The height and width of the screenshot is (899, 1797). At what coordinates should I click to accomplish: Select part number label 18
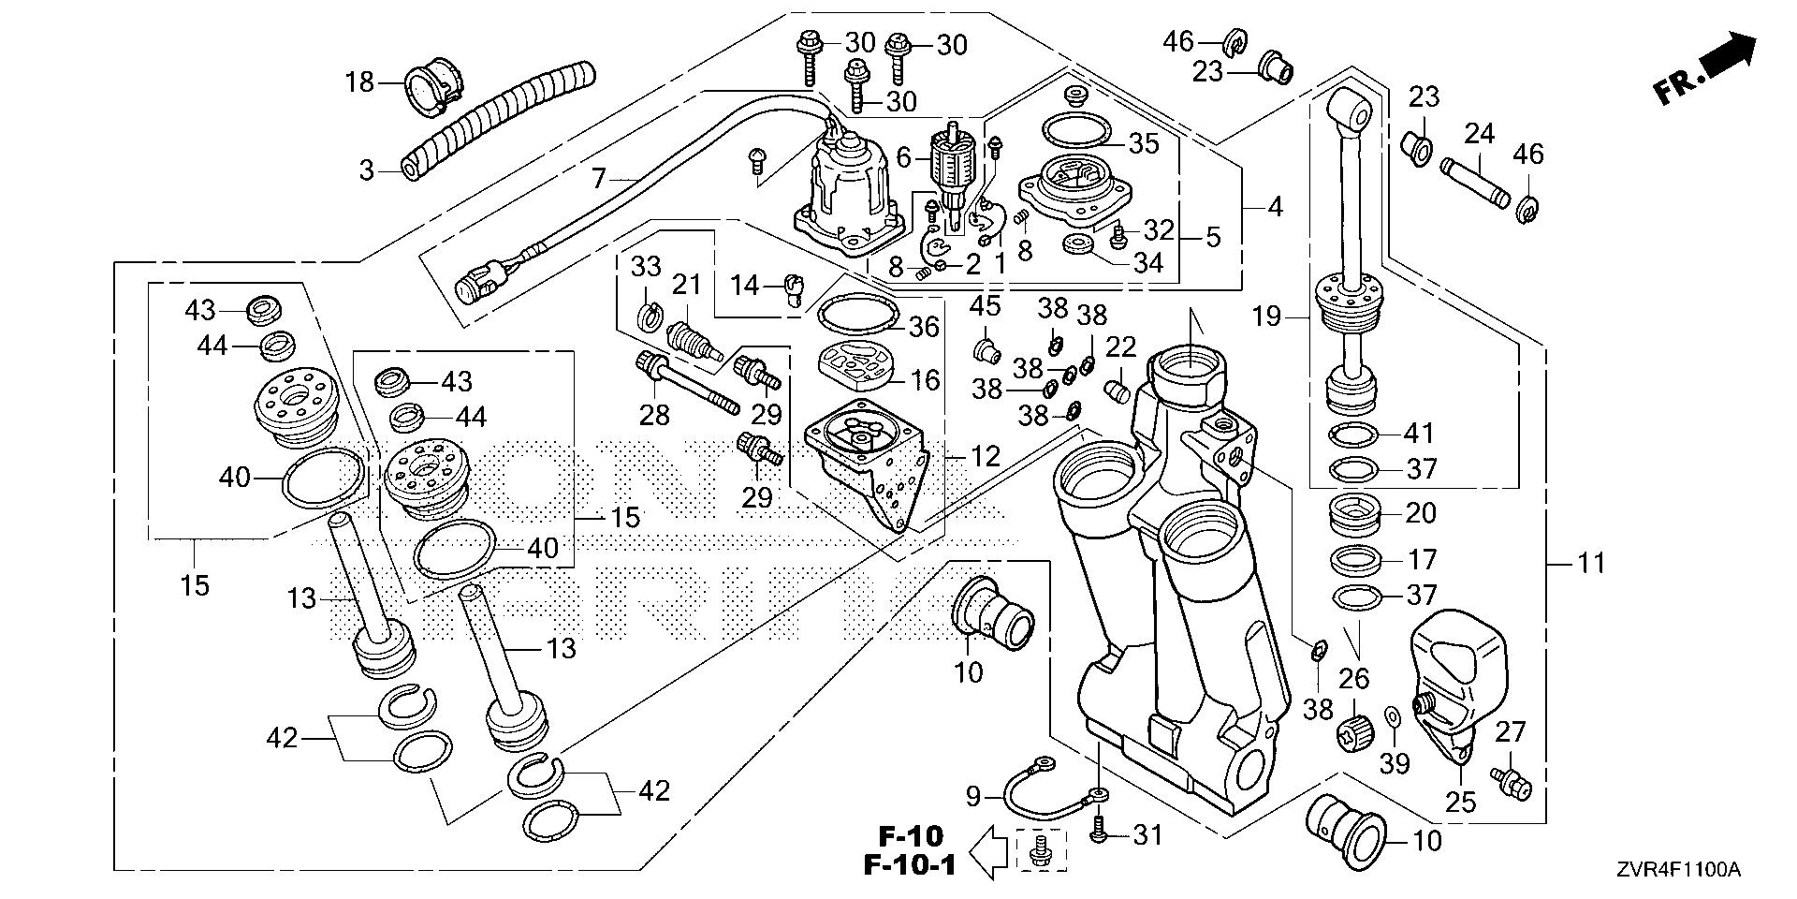click(359, 82)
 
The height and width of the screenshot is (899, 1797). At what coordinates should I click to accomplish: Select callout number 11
click(1591, 563)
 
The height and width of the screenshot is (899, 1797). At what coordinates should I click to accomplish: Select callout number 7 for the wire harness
click(598, 176)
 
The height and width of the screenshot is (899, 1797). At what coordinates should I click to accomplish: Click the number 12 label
click(986, 457)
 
